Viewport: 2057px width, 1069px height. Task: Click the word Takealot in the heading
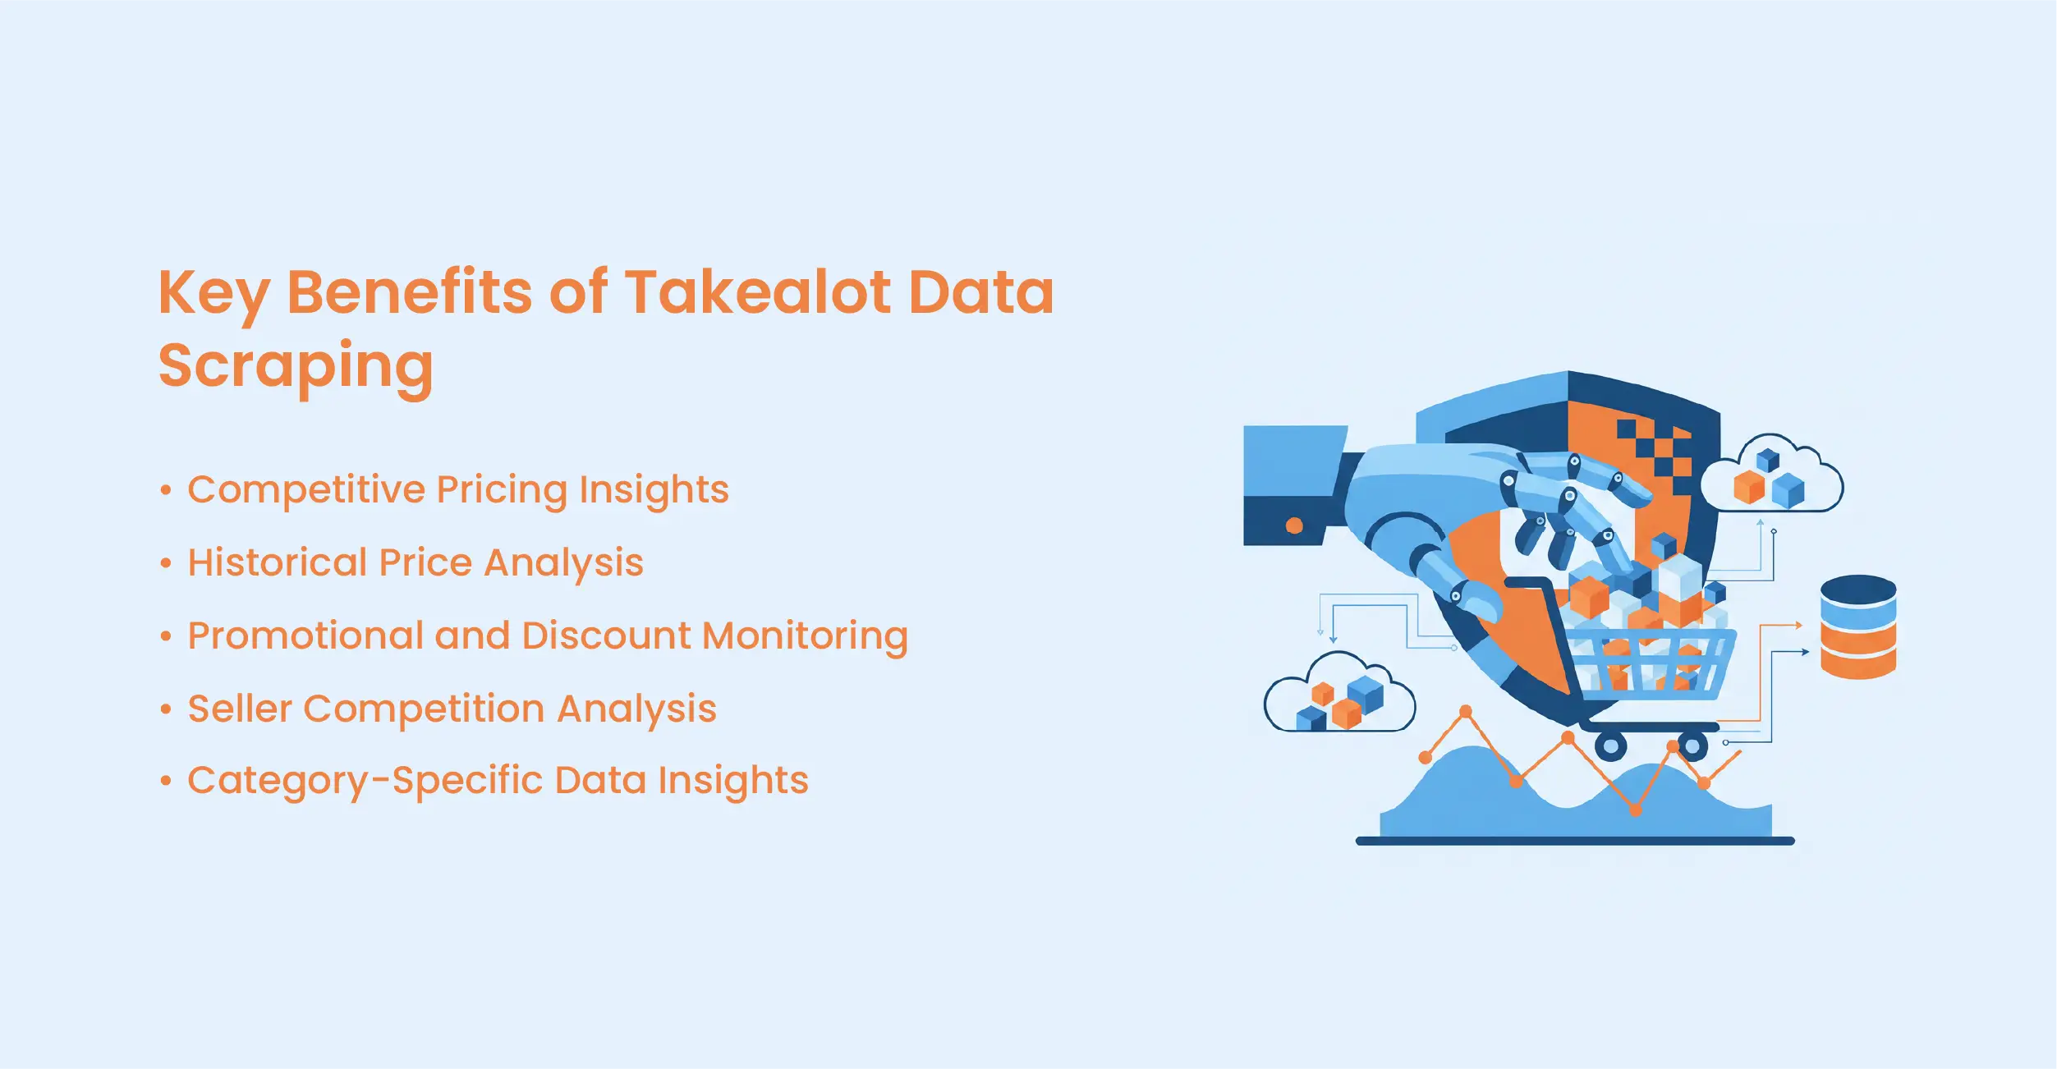coord(758,292)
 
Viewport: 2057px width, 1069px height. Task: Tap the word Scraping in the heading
coord(296,367)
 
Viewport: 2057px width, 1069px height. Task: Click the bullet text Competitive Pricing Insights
coord(458,490)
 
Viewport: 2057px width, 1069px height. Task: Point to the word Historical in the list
coord(278,562)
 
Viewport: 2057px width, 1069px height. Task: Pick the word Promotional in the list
coord(305,635)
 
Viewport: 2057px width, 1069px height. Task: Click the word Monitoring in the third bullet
coord(806,637)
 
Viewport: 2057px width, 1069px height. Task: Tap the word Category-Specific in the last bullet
coord(365,781)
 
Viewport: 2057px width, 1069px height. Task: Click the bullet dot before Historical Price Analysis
coord(166,564)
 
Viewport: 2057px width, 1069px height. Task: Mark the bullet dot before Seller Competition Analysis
coord(166,709)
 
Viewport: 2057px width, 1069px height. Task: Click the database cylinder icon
coord(1858,626)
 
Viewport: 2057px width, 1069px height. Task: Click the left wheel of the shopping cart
coord(1610,746)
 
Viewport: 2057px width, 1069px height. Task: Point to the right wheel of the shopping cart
coord(1692,746)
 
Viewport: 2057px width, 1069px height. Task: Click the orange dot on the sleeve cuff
coord(1294,525)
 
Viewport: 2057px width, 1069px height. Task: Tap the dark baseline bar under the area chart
coord(1575,841)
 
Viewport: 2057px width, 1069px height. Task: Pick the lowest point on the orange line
coord(1635,810)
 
